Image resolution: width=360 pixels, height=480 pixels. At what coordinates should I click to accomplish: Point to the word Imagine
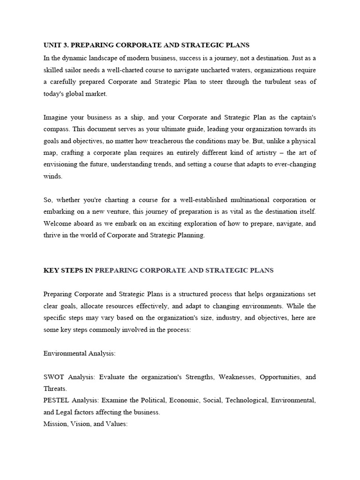point(56,117)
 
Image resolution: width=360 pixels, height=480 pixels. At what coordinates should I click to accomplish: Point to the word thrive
point(52,235)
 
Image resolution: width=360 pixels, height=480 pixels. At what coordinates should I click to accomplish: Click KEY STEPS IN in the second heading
point(68,270)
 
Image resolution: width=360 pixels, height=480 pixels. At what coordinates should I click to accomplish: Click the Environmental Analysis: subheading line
point(79,353)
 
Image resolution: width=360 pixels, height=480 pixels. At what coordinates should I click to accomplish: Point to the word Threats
point(55,389)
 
